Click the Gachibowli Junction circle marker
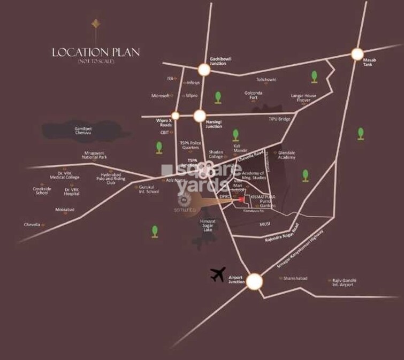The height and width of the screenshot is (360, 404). [x=203, y=69]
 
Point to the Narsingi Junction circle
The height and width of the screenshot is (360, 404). [x=200, y=115]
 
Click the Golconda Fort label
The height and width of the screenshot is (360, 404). [x=253, y=95]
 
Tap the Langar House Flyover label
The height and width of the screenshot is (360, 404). [x=303, y=98]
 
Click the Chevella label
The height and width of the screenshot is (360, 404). [x=32, y=225]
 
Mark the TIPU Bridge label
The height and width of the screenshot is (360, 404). [x=279, y=119]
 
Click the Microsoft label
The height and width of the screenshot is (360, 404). [x=160, y=96]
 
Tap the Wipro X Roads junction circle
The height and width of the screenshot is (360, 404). [x=175, y=115]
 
